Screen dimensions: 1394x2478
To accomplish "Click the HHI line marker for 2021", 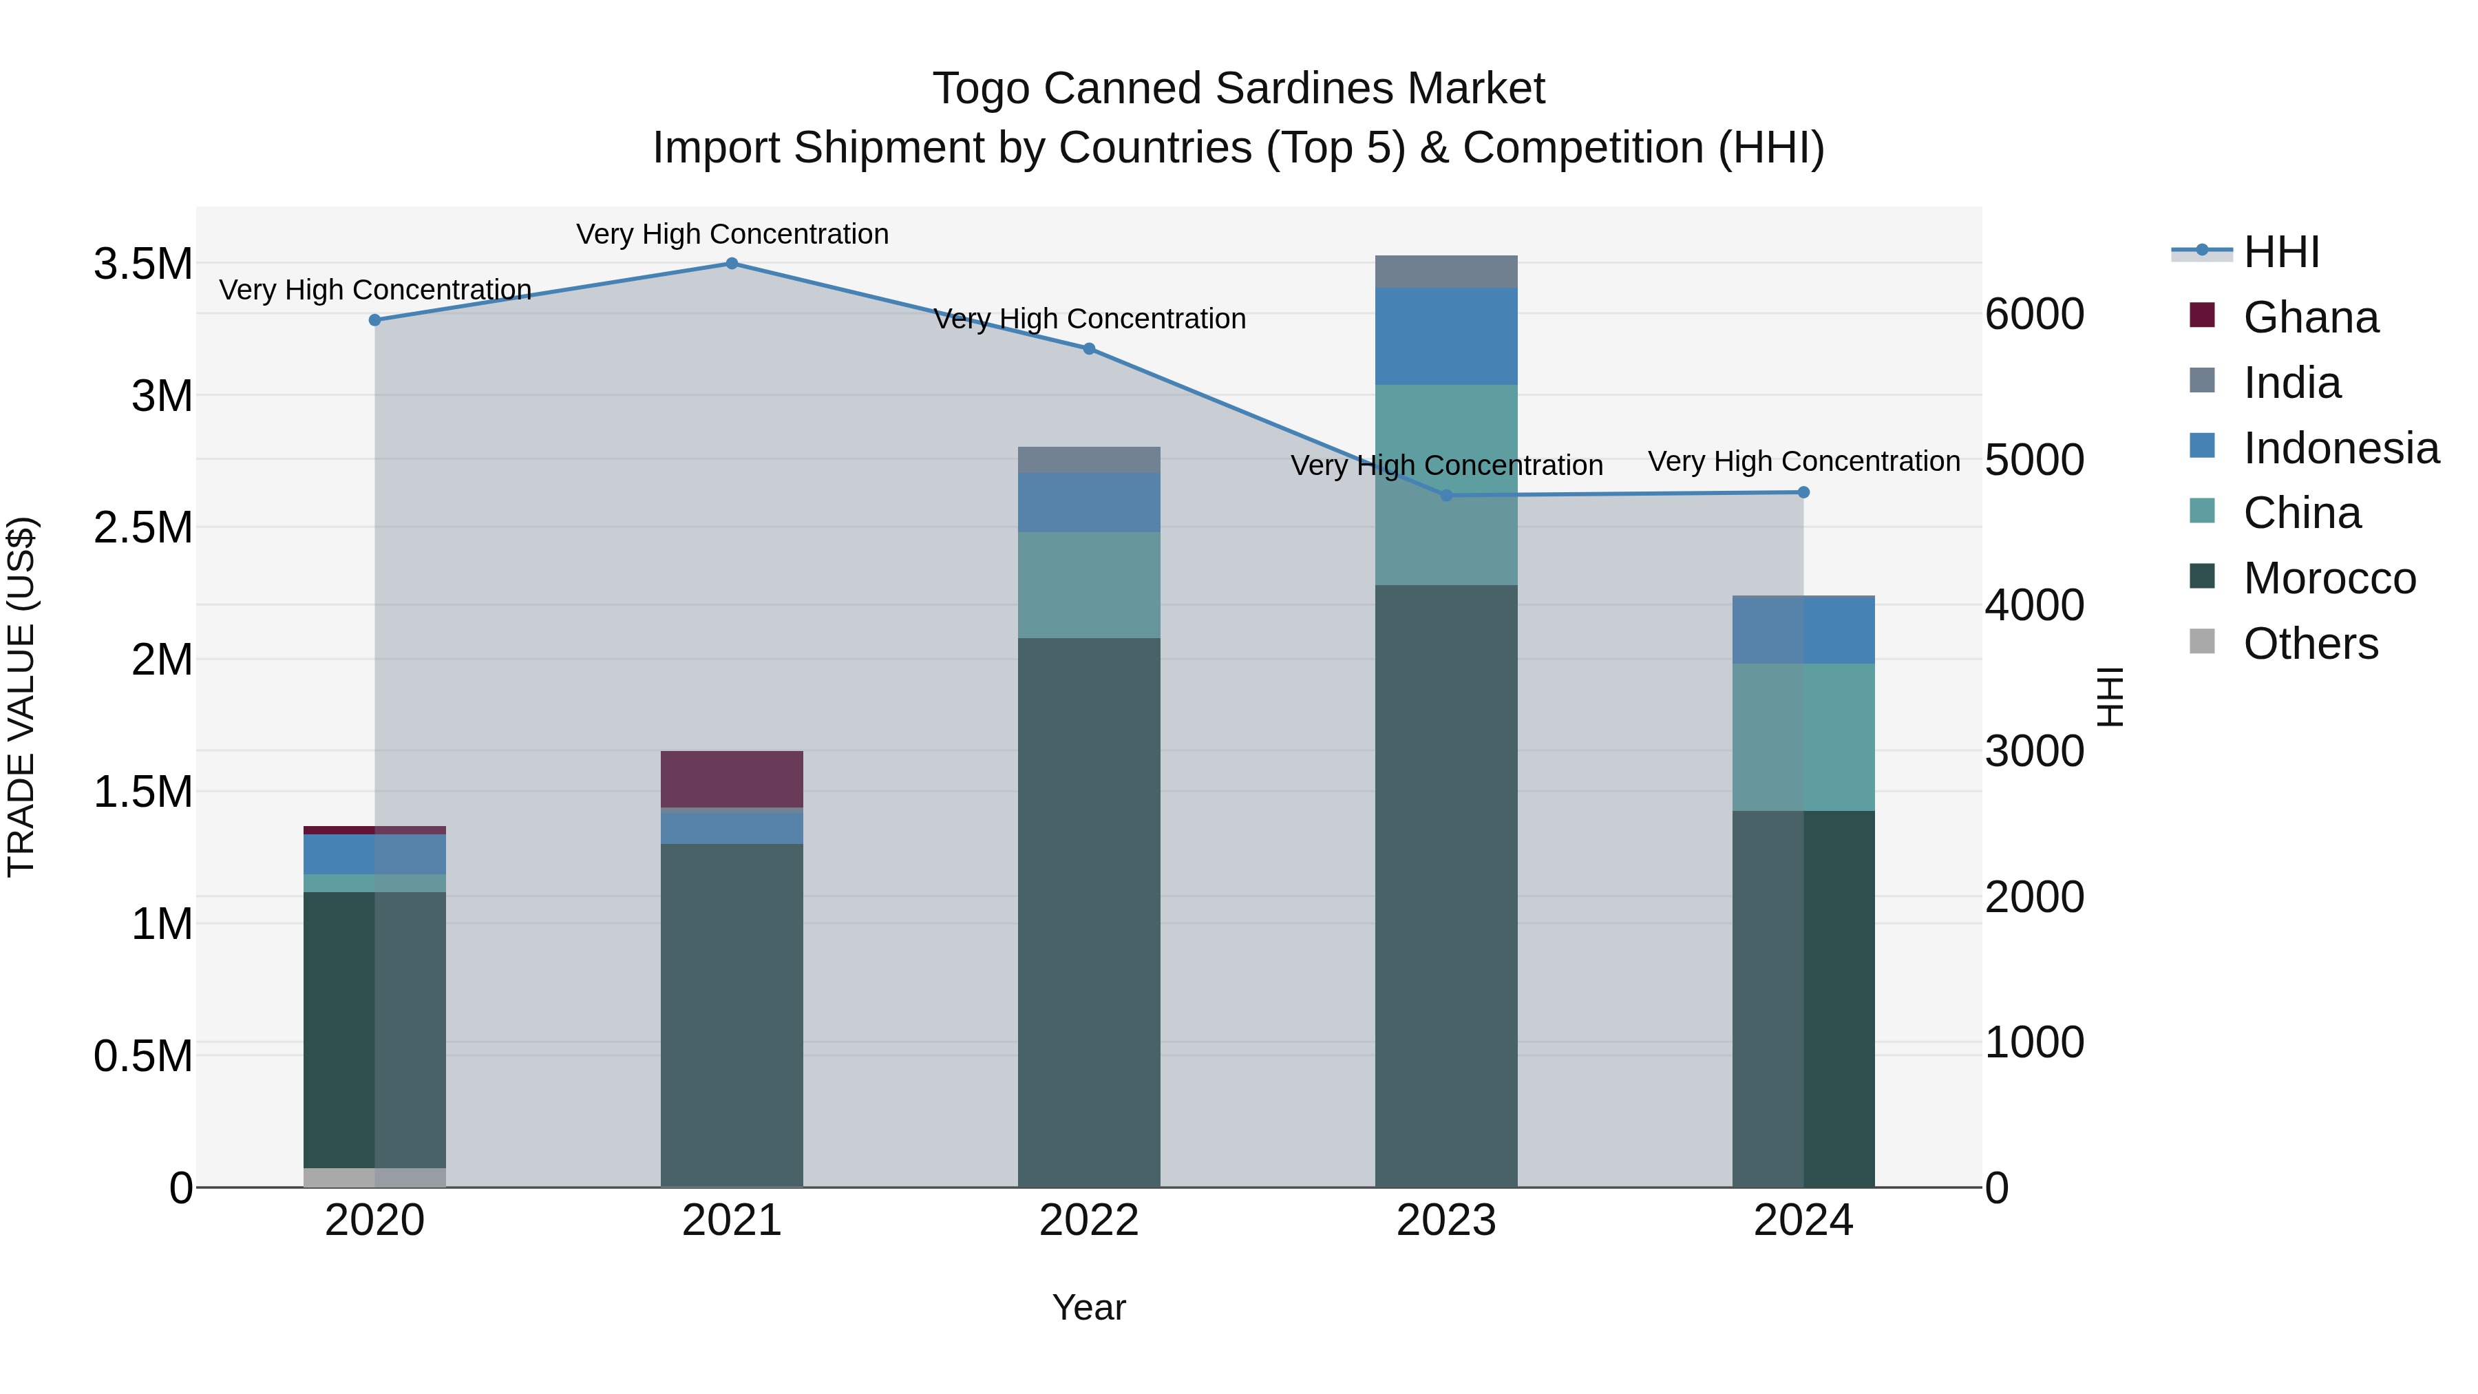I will pyautogui.click(x=732, y=264).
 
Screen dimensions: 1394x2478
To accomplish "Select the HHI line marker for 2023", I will pyautogui.click(x=1447, y=496).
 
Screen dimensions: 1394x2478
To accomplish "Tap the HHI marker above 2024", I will pyautogui.click(x=1803, y=493).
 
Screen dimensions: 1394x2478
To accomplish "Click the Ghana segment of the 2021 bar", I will pyautogui.click(x=732, y=779).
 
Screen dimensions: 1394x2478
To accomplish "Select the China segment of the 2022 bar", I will pyautogui.click(x=1089, y=585).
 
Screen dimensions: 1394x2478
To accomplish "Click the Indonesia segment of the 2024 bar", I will pyautogui.click(x=1803, y=630).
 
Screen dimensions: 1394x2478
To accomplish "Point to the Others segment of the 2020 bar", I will pyautogui.click(x=374, y=1178).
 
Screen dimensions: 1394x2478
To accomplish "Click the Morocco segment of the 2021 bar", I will pyautogui.click(x=732, y=1015).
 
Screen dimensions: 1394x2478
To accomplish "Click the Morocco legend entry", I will pyautogui.click(x=2329, y=578).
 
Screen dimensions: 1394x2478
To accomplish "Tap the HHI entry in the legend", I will pyautogui.click(x=2281, y=252).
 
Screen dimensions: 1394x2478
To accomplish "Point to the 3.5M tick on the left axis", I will pyautogui.click(x=142, y=264).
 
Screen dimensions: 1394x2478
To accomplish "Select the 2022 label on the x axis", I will pyautogui.click(x=1089, y=1221).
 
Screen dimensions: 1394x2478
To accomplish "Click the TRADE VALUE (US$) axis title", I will pyautogui.click(x=21, y=697).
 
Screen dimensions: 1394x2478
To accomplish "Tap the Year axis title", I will pyautogui.click(x=1089, y=1307).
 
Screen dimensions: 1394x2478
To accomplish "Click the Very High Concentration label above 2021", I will pyautogui.click(x=732, y=234).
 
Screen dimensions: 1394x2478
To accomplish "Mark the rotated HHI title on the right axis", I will pyautogui.click(x=2110, y=697).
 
